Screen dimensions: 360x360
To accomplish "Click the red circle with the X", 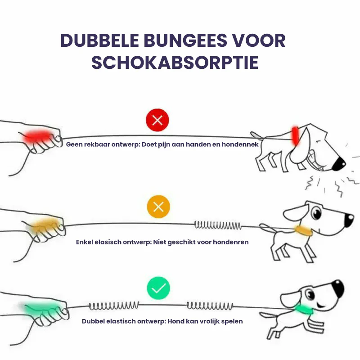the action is coord(157,120).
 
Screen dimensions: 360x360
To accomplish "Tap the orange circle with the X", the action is coord(158,207).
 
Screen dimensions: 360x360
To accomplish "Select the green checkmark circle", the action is coord(158,288).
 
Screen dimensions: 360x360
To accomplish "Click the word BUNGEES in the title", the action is coord(185,40).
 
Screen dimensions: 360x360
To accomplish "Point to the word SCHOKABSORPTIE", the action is coord(175,62).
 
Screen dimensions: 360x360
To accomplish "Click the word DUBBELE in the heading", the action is coord(99,40).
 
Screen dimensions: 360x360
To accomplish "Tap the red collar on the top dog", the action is coord(295,136).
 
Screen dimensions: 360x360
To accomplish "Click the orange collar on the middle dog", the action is coord(304,231).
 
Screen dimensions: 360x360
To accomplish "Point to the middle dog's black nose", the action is coord(349,220).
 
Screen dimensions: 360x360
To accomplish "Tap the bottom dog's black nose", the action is coord(338,288).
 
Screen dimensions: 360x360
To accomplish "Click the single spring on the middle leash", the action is coord(218,225).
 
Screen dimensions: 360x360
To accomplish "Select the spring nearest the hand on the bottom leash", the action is coord(114,306).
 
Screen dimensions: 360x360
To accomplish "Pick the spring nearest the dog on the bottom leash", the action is coord(210,306).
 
